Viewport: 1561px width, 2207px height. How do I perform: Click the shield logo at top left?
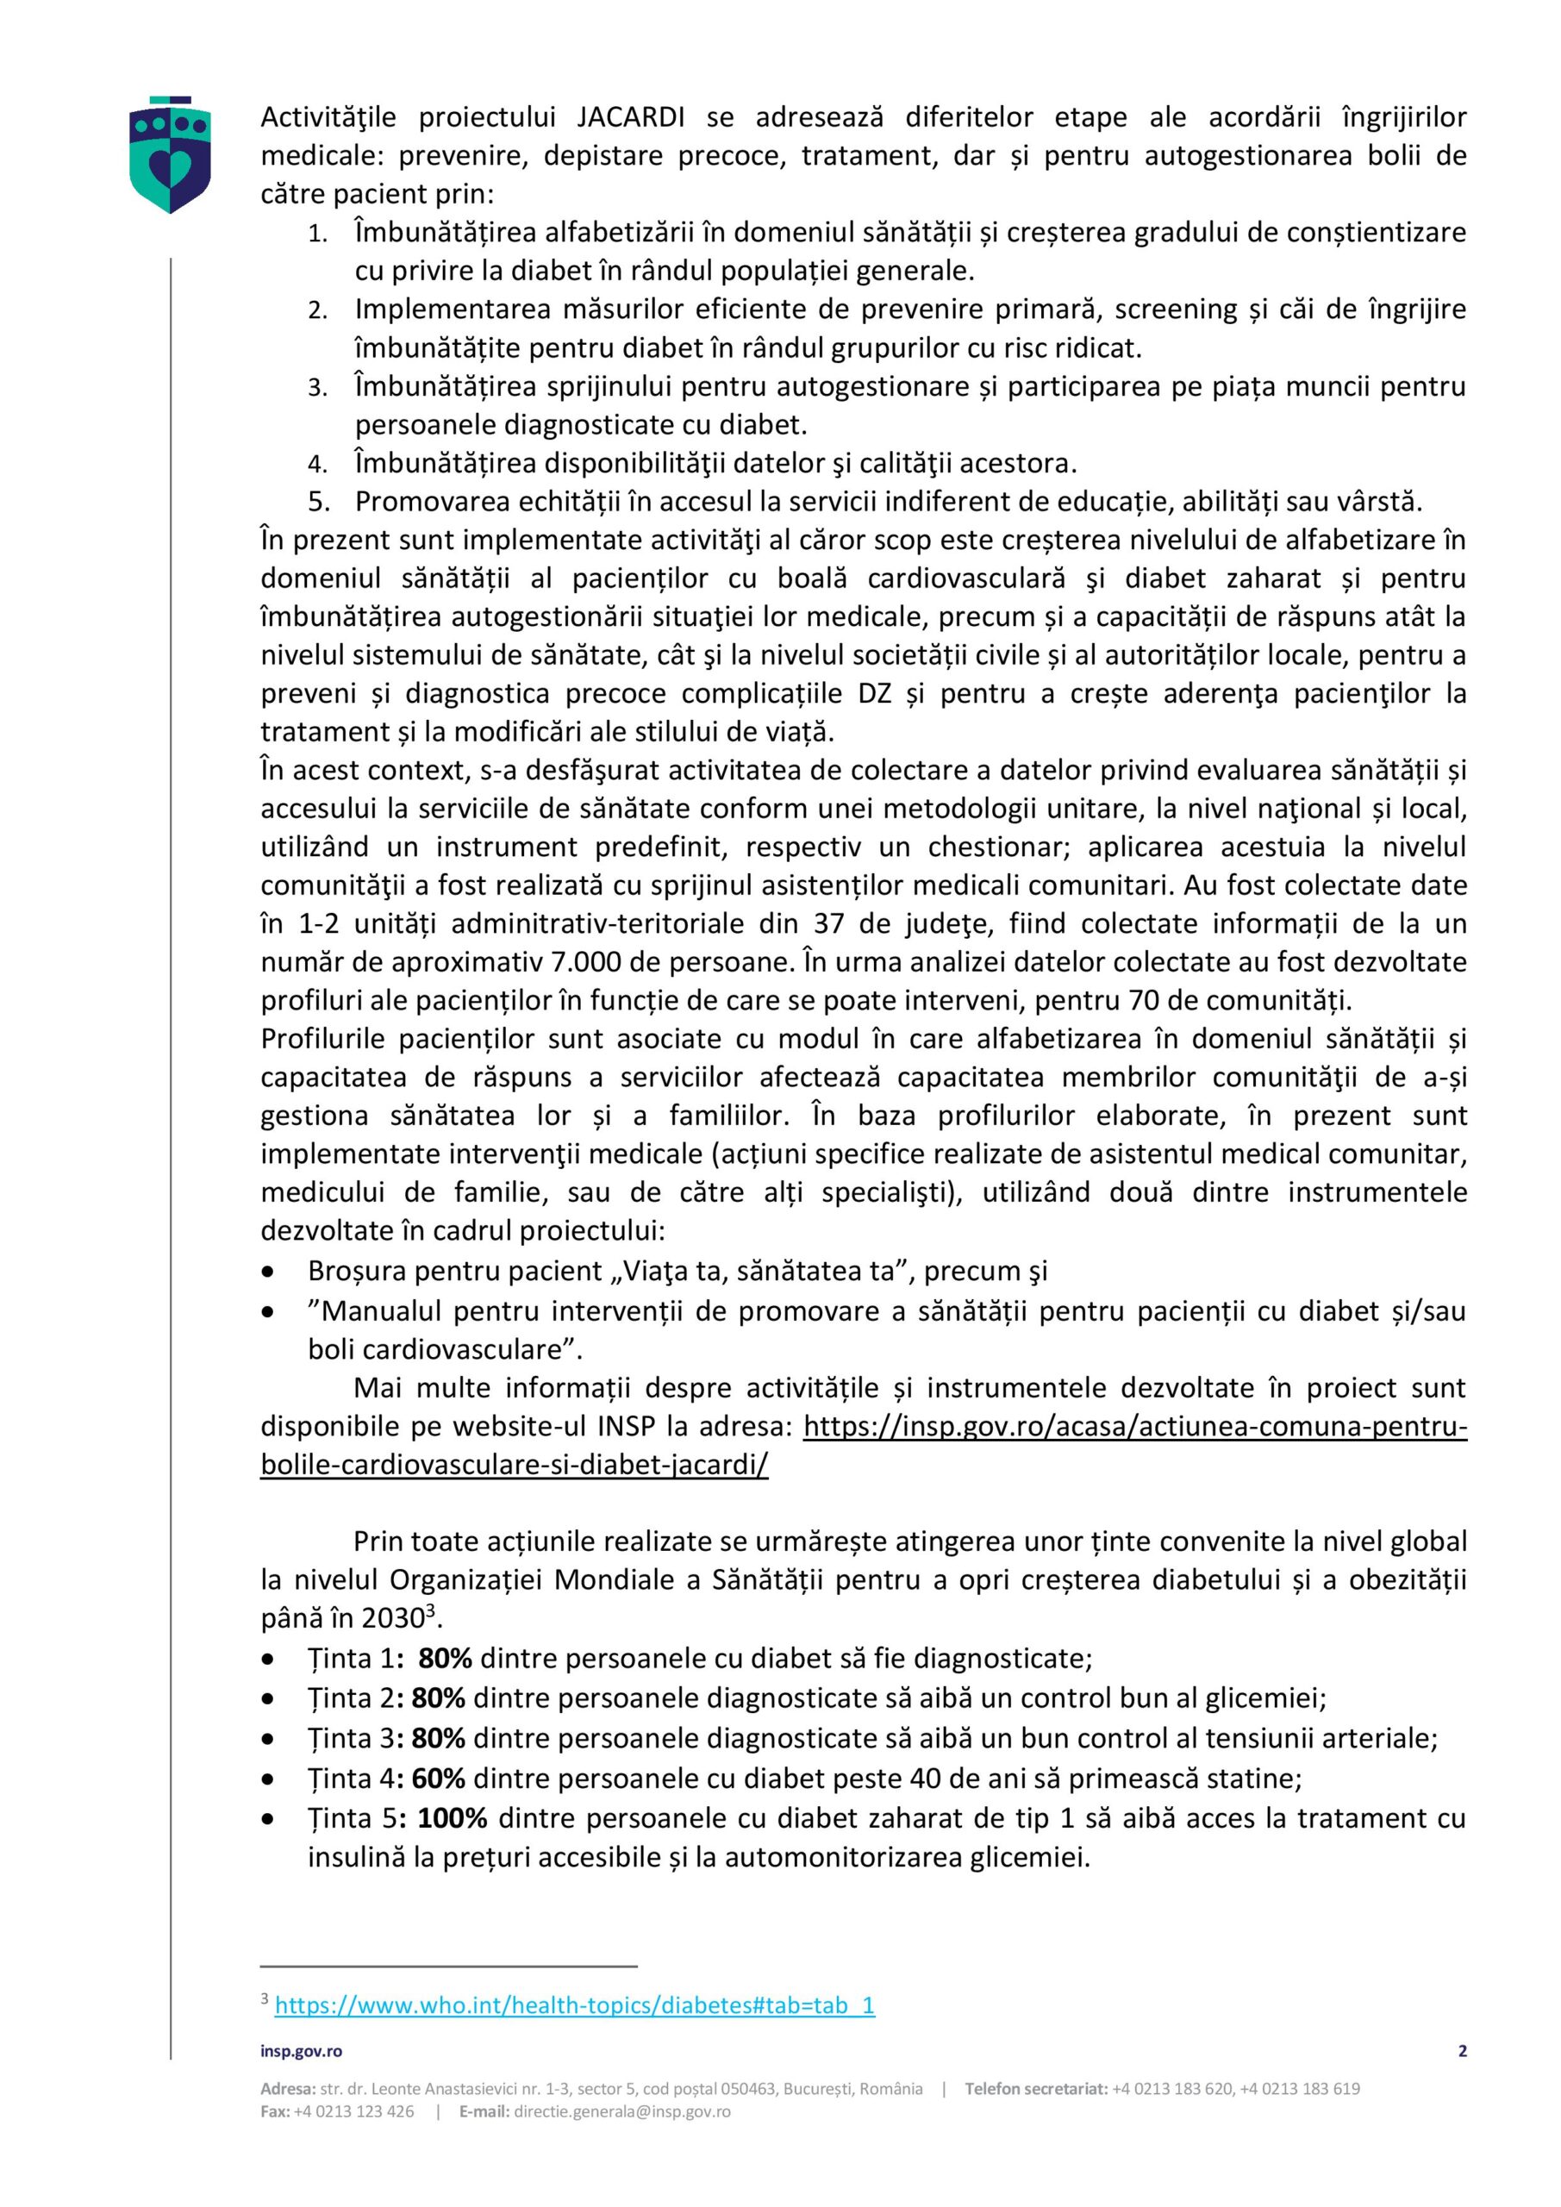point(170,153)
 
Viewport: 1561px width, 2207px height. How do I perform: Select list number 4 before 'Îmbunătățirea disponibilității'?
point(318,466)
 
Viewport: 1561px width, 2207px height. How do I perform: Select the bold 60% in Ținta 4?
point(439,1779)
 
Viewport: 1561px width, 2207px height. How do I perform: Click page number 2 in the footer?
point(1462,2051)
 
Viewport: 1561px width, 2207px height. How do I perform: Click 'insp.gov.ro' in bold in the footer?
point(301,2051)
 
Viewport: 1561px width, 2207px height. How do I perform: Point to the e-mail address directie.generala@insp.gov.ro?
point(622,2112)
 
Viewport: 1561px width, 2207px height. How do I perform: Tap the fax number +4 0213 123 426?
point(353,2112)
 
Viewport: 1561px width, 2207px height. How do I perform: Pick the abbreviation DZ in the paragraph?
point(875,693)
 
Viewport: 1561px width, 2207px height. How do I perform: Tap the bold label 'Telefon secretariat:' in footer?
point(1035,2089)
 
